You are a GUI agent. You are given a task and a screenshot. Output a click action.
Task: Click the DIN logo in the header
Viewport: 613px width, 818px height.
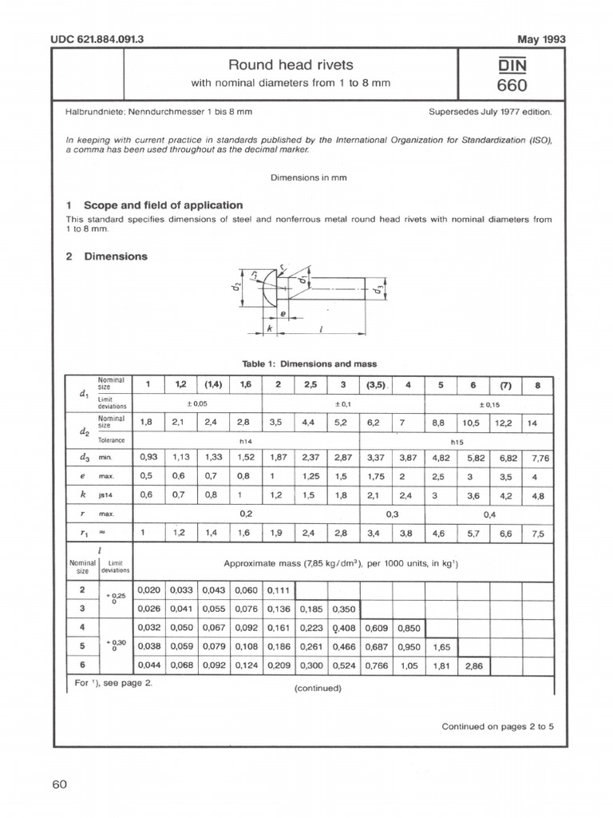[511, 65]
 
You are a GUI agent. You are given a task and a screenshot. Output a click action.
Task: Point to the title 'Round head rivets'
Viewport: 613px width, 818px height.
[291, 65]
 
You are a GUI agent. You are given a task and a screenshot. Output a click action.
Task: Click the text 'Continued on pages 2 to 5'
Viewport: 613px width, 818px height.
[497, 726]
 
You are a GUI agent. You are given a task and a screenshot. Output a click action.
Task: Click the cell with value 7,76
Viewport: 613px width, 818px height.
[540, 458]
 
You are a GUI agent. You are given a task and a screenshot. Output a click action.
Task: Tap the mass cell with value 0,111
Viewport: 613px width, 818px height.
[279, 591]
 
